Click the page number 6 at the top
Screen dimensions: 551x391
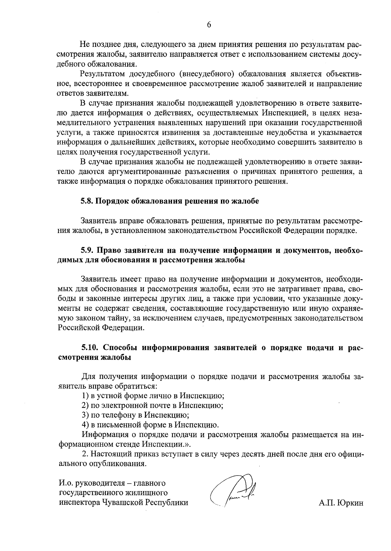point(209,25)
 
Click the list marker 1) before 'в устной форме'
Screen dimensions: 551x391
point(85,396)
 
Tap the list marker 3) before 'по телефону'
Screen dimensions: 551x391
point(85,415)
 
